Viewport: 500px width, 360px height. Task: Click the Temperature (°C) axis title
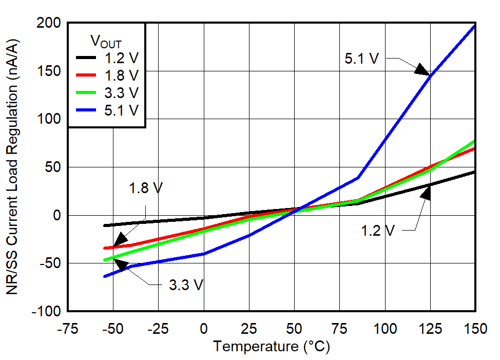tap(272, 347)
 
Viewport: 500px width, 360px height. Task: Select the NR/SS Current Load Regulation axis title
tap(14, 167)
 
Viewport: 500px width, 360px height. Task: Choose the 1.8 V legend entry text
tap(121, 75)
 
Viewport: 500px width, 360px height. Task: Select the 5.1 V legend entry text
tap(121, 110)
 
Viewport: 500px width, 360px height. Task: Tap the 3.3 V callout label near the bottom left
tap(186, 285)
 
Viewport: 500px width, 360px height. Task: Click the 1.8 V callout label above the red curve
tap(145, 188)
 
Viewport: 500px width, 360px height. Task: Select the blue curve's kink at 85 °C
tap(359, 178)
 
